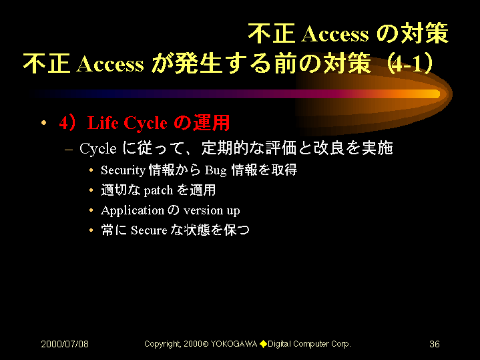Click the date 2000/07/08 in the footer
click(65, 344)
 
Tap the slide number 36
click(435, 344)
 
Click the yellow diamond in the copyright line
click(263, 344)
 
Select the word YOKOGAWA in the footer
click(234, 344)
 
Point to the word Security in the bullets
click(123, 170)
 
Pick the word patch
click(158, 190)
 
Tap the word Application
click(133, 211)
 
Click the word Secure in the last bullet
click(149, 230)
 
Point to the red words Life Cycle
click(128, 123)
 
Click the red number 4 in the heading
click(63, 123)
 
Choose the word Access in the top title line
click(335, 33)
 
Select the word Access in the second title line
click(110, 64)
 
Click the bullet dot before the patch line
click(91, 190)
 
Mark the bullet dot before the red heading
click(44, 123)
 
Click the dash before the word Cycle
click(69, 150)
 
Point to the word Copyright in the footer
click(162, 344)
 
